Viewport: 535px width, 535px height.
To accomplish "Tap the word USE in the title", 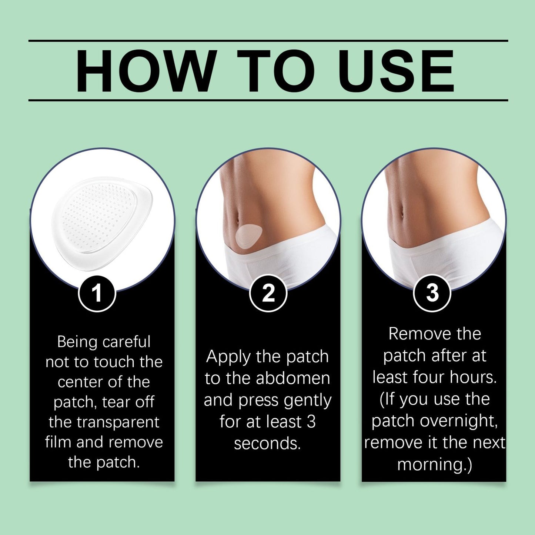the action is (396, 71).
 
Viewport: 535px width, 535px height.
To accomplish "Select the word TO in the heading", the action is (276, 71).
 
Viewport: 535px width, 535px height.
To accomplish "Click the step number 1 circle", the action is (97, 294).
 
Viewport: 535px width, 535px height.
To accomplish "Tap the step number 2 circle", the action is (268, 293).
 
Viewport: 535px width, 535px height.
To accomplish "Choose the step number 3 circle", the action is (432, 293).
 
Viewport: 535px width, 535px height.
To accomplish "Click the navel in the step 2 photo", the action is (237, 220).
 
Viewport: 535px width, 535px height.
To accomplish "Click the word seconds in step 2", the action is (267, 444).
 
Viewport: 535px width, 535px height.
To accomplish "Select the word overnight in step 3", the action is (458, 421).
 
